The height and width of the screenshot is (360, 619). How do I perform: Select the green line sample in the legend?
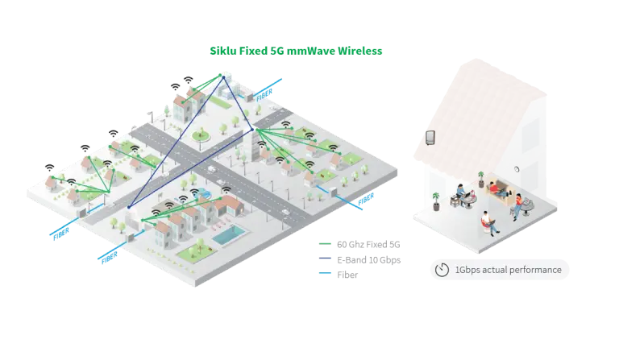(x=326, y=242)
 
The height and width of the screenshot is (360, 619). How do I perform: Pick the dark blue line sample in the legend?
(x=326, y=259)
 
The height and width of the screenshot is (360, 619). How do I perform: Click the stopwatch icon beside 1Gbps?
(x=442, y=270)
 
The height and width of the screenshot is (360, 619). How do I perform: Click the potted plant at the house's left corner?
(x=435, y=200)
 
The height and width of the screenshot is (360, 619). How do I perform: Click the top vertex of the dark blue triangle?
(x=222, y=74)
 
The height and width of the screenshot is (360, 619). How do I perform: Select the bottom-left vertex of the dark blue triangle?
(x=128, y=207)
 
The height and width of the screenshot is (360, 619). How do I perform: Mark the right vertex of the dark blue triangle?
(x=252, y=129)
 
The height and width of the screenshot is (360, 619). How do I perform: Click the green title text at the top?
(x=297, y=51)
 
